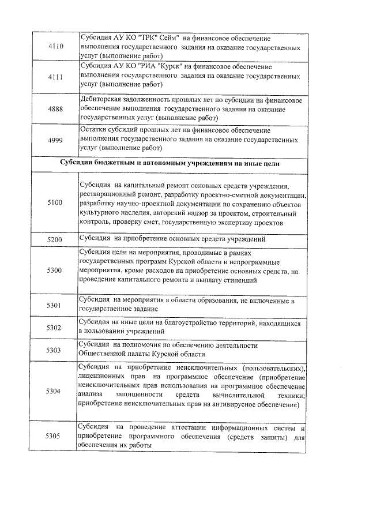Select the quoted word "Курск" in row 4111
[156, 66]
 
